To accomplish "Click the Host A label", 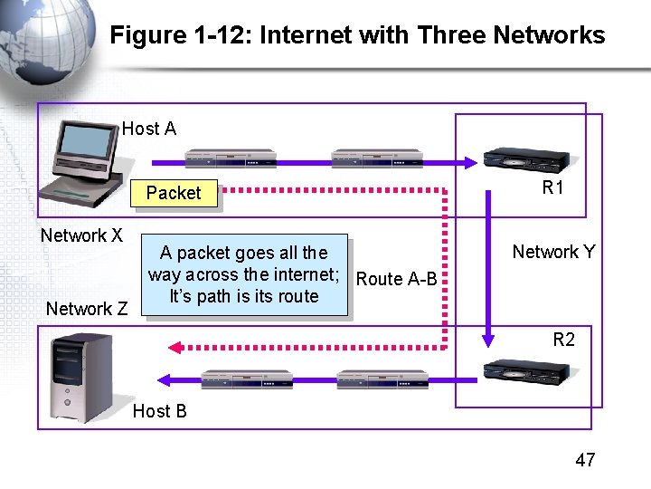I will click(x=149, y=129).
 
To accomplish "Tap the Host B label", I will click(x=160, y=411).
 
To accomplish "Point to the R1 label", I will click(x=552, y=188).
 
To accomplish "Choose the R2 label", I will click(x=563, y=340).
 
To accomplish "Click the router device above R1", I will click(x=527, y=159).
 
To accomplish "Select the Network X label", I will click(x=81, y=236).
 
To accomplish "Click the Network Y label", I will click(x=553, y=252).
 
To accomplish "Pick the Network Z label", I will click(x=87, y=309).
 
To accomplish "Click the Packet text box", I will click(x=174, y=193).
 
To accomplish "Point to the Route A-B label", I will click(x=396, y=279).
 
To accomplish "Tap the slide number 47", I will click(x=585, y=460).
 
